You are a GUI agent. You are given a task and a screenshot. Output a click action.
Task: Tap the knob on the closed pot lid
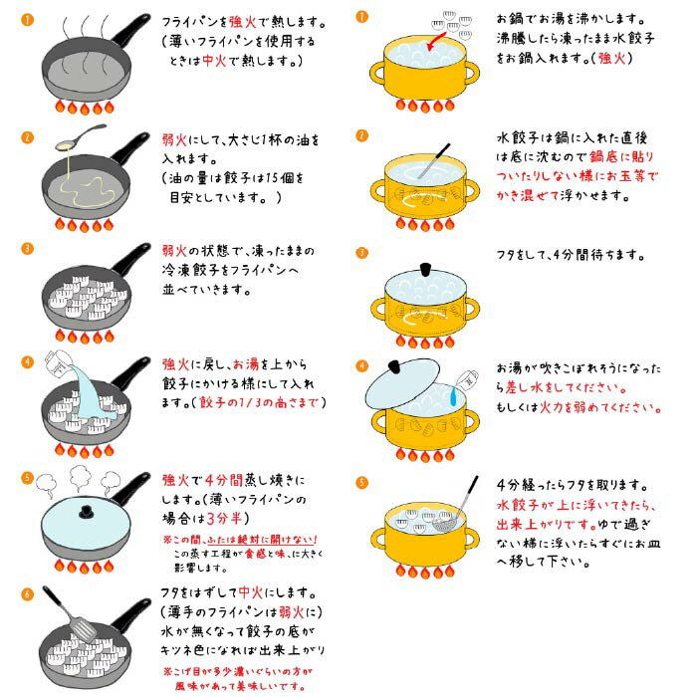pos(426,266)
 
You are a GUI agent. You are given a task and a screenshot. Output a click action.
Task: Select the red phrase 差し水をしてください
pos(566,387)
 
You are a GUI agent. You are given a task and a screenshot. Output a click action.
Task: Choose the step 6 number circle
pos(28,591)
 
